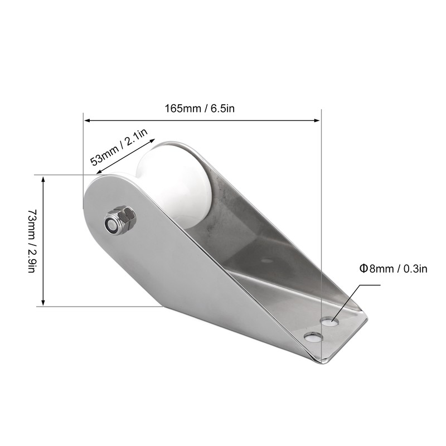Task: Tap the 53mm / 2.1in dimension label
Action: pos(119,148)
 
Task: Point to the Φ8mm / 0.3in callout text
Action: pos(394,269)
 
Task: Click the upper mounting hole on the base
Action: pos(329,322)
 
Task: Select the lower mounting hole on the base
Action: pos(313,337)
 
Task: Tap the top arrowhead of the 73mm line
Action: pos(43,179)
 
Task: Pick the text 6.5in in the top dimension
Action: pos(222,109)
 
